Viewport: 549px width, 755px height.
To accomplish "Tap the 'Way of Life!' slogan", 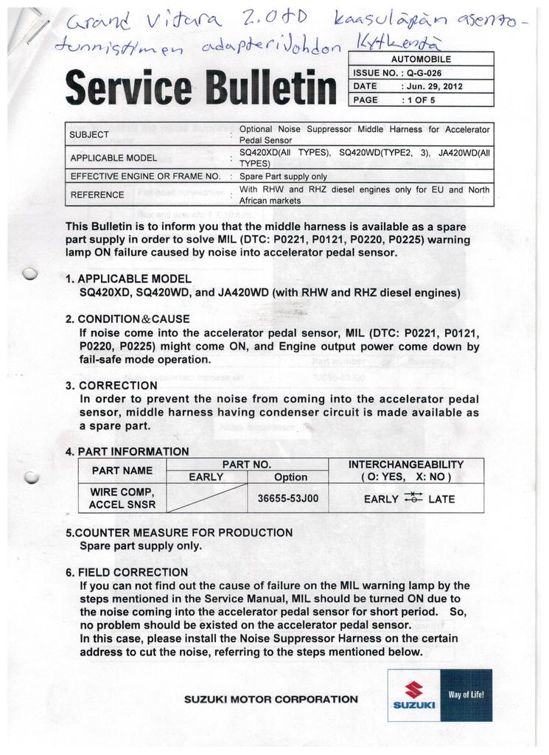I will click(466, 695).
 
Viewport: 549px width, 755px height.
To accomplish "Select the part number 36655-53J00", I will click(288, 498).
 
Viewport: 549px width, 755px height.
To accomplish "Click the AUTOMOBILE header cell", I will click(422, 59).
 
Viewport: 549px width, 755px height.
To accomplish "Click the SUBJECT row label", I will click(88, 134).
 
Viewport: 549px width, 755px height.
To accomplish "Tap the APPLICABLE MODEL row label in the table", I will click(113, 158).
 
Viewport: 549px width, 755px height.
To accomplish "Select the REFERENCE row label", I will click(97, 195).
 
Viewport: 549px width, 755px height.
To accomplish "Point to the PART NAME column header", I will click(122, 470).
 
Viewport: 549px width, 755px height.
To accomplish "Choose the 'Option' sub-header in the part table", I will click(290, 477).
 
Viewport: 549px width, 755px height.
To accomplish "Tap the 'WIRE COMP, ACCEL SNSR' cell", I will click(122, 498).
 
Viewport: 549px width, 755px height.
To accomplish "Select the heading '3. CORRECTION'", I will click(111, 385).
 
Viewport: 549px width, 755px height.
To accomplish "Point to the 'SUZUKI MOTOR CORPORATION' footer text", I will click(271, 699).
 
